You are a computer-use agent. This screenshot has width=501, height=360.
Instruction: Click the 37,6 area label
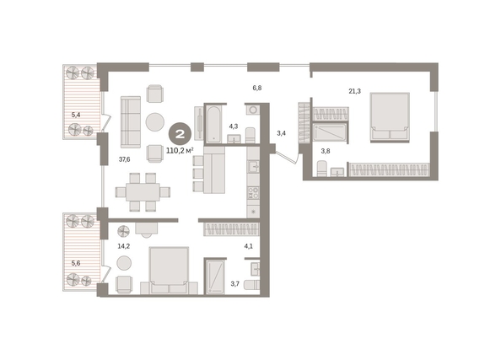tap(124, 159)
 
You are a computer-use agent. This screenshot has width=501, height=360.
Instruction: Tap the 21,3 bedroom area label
tap(354, 91)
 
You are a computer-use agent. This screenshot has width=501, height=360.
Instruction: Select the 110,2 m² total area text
tap(180, 150)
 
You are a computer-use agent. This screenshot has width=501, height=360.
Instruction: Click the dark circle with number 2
tap(180, 134)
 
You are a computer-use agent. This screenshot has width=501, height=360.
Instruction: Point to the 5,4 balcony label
tap(76, 115)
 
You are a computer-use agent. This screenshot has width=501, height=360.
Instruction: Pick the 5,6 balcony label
tap(76, 264)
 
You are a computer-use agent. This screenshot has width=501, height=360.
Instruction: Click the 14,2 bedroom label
tap(124, 246)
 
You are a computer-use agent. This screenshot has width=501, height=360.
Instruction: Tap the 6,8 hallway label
tap(257, 88)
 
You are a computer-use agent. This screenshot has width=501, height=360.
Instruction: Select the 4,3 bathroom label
tap(234, 126)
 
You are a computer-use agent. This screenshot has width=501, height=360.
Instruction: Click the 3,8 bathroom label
tap(326, 152)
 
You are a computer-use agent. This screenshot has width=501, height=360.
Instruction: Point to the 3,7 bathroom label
tap(234, 283)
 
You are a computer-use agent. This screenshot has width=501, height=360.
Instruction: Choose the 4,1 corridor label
tap(248, 246)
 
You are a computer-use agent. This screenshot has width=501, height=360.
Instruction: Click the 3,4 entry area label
tap(281, 133)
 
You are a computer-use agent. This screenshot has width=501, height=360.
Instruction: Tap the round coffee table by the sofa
tap(155, 122)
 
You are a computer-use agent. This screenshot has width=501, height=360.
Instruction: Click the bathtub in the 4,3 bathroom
tap(213, 124)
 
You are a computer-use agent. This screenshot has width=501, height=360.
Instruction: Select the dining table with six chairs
tap(143, 192)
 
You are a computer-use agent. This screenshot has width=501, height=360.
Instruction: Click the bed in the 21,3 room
tap(390, 117)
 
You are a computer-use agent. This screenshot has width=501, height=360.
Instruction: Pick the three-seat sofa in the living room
tap(131, 122)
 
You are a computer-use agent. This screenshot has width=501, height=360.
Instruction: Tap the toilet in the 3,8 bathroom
tap(321, 169)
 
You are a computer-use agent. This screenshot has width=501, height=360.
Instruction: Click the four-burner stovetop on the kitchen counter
tap(253, 192)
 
